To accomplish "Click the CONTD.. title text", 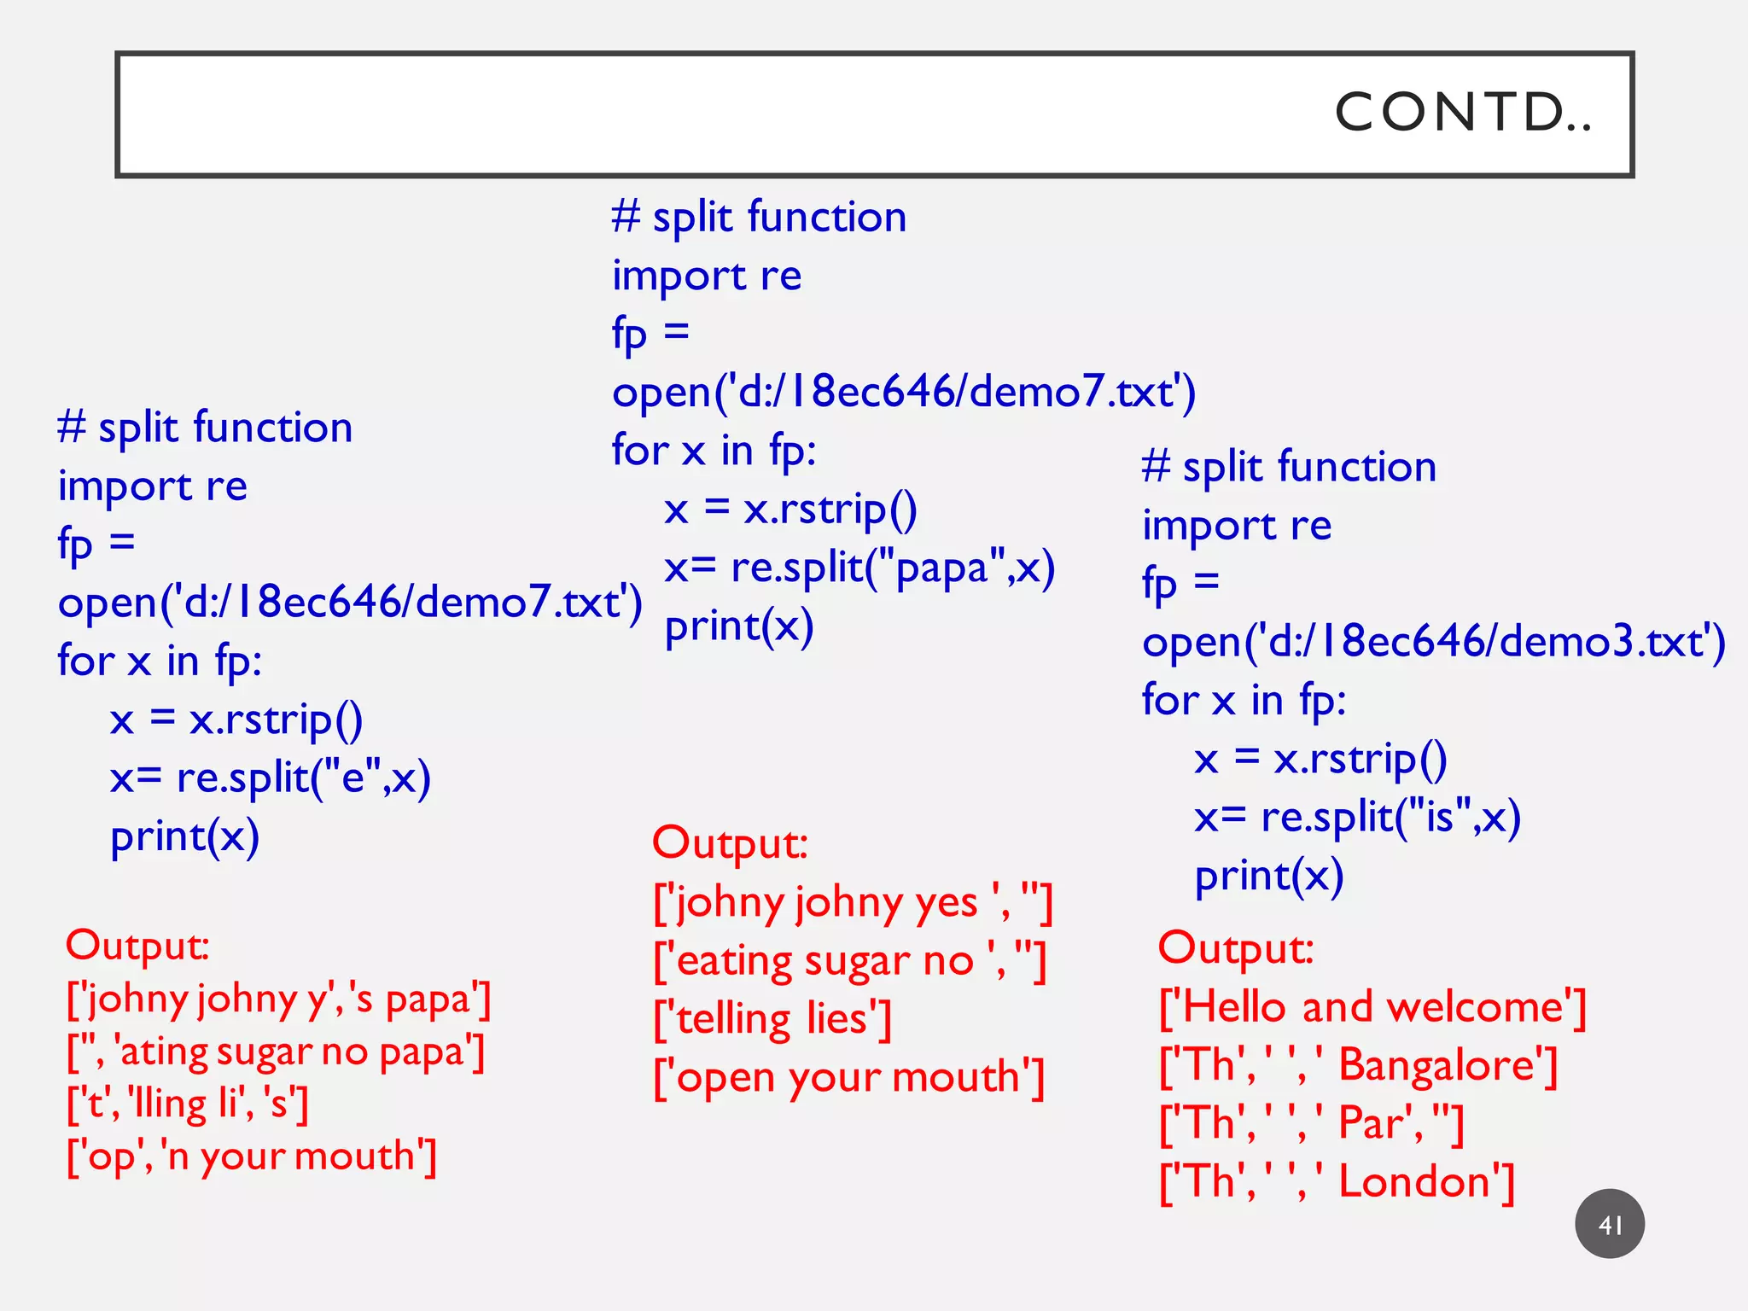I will (1463, 112).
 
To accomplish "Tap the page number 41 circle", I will (1609, 1224).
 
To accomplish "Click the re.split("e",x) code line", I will (270, 778).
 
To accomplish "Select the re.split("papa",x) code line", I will (859, 568).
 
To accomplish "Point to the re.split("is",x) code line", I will (1357, 818).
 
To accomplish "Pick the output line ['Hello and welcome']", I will (1372, 1007).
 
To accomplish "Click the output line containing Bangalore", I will (1358, 1065).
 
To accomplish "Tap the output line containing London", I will (1337, 1182).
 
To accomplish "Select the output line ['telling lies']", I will (772, 1019).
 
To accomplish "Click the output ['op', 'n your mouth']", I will (252, 1157).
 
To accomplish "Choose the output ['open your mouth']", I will (848, 1078).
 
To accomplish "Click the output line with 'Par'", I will (1311, 1123).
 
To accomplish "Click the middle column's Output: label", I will (730, 843).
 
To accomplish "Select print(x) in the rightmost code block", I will (1269, 877).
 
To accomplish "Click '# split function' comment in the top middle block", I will (759, 218).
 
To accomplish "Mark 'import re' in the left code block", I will (153, 487).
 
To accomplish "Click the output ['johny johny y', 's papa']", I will (278, 999).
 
